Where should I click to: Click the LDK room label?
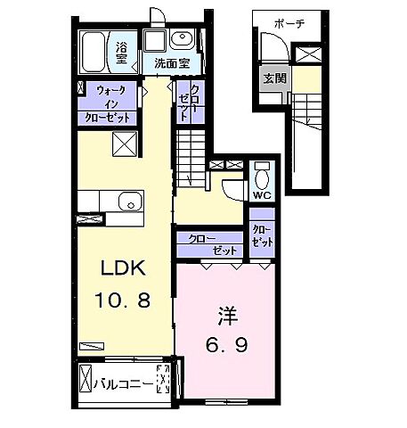coord(123,267)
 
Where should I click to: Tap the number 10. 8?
coord(123,300)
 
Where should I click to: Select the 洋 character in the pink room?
coord(228,317)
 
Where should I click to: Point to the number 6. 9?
coord(227,345)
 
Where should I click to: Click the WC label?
coord(262,195)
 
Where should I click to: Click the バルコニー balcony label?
coord(124,384)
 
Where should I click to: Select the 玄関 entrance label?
coord(275,78)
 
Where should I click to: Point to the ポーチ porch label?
coord(289,23)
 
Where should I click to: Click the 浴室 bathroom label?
coord(122,53)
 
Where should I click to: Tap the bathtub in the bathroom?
coord(94,53)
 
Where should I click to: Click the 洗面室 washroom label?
coord(172,63)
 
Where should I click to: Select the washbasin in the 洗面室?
coord(182,39)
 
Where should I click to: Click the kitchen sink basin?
coord(130,202)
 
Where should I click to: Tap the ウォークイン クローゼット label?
coord(108,104)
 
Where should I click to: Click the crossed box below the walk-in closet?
coord(125,144)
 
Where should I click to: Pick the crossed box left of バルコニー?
coord(85,379)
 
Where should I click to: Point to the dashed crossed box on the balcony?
coord(163,379)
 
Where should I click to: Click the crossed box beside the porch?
coord(309,54)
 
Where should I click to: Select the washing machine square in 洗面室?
coord(154,40)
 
